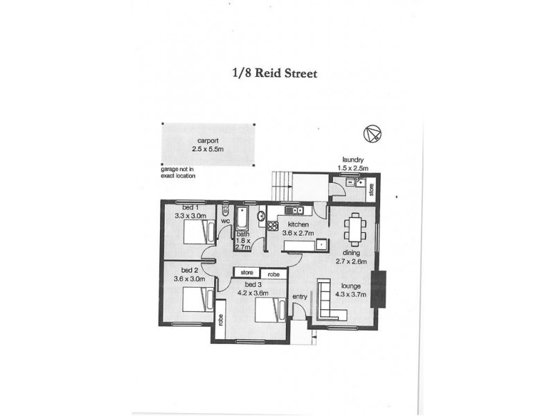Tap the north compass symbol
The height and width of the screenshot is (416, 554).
[371, 134]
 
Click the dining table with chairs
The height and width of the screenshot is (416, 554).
[356, 229]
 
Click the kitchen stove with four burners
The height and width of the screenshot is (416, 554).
[273, 225]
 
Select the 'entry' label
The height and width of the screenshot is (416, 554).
[301, 297]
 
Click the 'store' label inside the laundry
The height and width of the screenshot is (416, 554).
[372, 189]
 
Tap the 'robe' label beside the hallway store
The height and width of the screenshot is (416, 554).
[274, 273]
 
